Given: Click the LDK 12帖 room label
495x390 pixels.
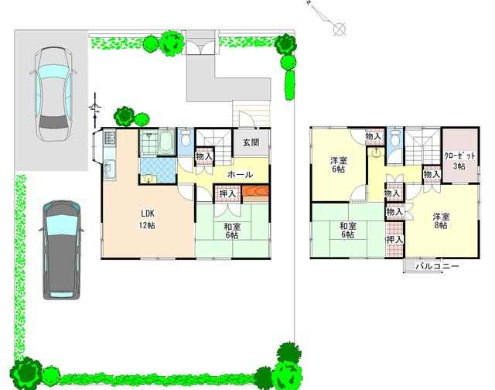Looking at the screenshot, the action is pyautogui.click(x=147, y=220).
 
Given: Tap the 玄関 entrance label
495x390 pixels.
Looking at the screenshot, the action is pyautogui.click(x=251, y=142).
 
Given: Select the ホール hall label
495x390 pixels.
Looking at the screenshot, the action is pyautogui.click(x=240, y=174).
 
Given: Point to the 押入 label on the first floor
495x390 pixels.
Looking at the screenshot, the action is pyautogui.click(x=227, y=193).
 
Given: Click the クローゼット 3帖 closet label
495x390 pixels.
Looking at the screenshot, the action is pyautogui.click(x=459, y=161).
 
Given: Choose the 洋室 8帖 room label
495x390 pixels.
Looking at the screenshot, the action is pyautogui.click(x=441, y=221).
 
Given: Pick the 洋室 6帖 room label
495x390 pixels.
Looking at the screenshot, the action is pyautogui.click(x=339, y=165).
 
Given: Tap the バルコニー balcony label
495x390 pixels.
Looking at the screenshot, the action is pyautogui.click(x=437, y=266).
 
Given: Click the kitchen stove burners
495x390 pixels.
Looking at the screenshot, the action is pyautogui.click(x=110, y=138).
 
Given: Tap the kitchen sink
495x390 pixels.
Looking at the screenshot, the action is pyautogui.click(x=109, y=169).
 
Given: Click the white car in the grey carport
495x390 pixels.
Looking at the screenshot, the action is pyautogui.click(x=53, y=94).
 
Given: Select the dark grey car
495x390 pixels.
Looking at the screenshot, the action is pyautogui.click(x=62, y=250).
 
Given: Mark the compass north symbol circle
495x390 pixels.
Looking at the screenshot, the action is pyautogui.click(x=339, y=29).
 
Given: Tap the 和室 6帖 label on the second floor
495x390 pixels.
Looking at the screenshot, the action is pyautogui.click(x=348, y=231).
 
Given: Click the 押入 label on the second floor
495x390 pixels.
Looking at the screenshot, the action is pyautogui.click(x=395, y=240).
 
